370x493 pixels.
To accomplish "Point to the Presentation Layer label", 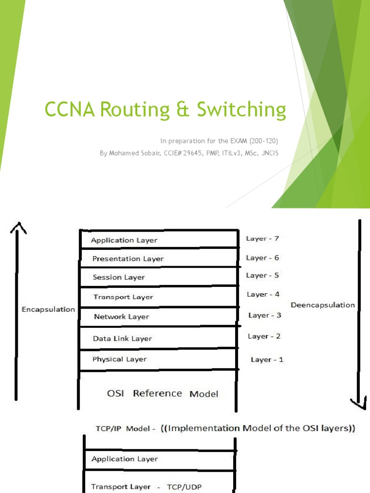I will pos(128,259).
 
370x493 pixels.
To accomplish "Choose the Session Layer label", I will pos(119,277).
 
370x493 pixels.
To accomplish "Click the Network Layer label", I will pos(121,317).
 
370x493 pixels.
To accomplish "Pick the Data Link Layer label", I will pos(122,338).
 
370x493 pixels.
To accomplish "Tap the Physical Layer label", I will pos(119,359).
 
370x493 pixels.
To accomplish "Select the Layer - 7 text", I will pos(263,238).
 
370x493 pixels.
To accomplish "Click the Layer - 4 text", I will pos(264,294).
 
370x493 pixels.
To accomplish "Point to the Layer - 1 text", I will pos(267,360).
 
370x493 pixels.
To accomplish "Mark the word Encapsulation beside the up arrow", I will pos(48,310).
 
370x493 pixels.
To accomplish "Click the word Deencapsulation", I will pos(323,305).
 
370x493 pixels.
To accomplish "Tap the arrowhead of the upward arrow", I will pos(18,227).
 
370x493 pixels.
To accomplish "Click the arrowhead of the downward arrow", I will pos(358,403).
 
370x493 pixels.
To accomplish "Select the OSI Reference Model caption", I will pos(162,393).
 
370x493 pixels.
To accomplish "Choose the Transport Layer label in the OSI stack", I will pos(123,297).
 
